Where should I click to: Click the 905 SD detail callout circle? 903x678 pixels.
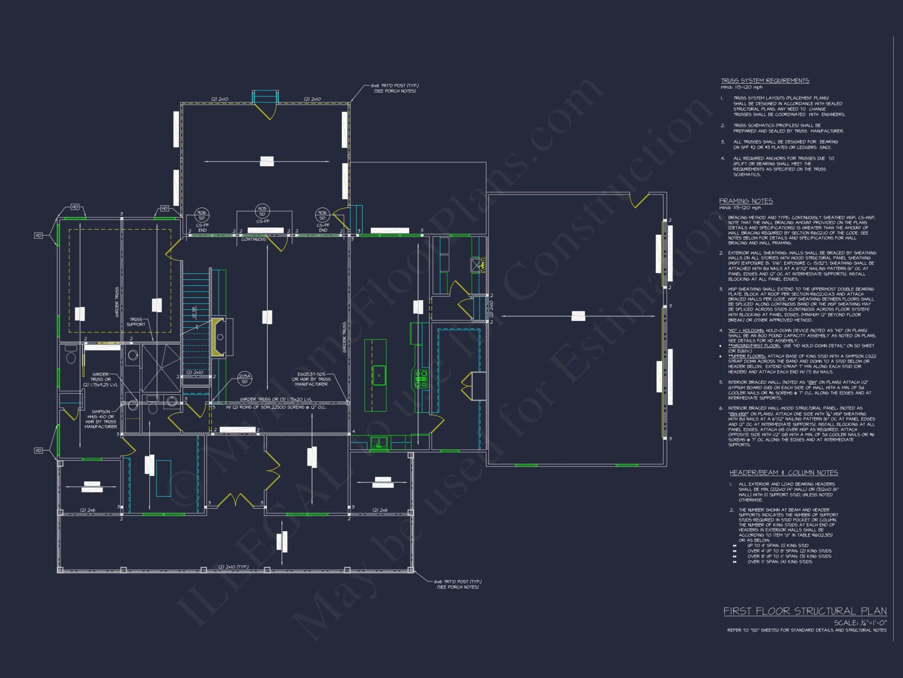pyautogui.click(x=262, y=211)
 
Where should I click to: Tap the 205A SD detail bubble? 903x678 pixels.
pyautogui.click(x=244, y=379)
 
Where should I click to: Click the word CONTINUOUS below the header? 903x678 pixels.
pyautogui.click(x=254, y=239)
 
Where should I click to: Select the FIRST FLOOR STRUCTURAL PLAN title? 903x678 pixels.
pyautogui.click(x=805, y=611)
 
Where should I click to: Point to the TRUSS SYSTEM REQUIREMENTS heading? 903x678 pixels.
pyautogui.click(x=764, y=80)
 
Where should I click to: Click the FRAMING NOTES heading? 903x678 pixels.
pyautogui.click(x=746, y=201)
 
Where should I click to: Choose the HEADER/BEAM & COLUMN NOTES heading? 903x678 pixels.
pyautogui.click(x=783, y=472)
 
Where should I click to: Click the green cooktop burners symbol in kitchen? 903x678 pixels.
pyautogui.click(x=421, y=379)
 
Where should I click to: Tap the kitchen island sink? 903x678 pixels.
pyautogui.click(x=379, y=375)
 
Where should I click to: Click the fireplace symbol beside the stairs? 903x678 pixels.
pyautogui.click(x=219, y=337)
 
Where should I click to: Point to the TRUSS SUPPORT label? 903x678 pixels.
pyautogui.click(x=136, y=322)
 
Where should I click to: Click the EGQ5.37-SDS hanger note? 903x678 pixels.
pyautogui.click(x=312, y=379)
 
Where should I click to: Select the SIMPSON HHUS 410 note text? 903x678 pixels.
pyautogui.click(x=101, y=419)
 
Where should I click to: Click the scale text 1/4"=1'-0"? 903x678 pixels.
pyautogui.click(x=860, y=622)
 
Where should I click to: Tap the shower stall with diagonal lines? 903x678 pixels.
pyautogui.click(x=161, y=367)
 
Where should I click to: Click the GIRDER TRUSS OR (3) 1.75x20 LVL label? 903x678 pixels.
pyautogui.click(x=275, y=399)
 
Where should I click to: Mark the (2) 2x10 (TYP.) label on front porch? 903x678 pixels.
pyautogui.click(x=233, y=566)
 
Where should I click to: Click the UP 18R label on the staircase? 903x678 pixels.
pyautogui.click(x=194, y=312)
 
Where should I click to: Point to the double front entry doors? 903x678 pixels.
pyautogui.click(x=235, y=500)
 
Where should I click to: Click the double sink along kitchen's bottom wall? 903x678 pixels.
pyautogui.click(x=379, y=443)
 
